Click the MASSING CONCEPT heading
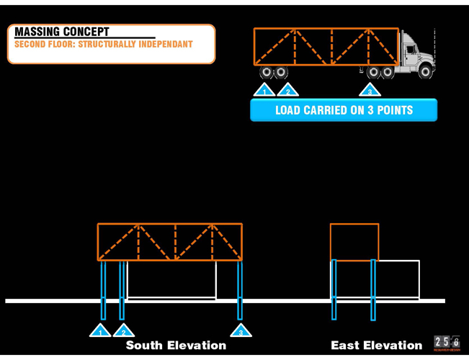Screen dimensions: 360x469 [62, 32]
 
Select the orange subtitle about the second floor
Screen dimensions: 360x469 [104, 45]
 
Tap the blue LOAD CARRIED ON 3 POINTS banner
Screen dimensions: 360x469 [344, 110]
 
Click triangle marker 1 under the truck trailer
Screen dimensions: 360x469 [264, 91]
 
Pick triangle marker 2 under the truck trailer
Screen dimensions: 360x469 [287, 91]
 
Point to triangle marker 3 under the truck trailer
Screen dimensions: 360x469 [370, 91]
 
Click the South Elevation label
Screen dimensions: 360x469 [176, 346]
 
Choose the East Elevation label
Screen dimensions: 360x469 [376, 346]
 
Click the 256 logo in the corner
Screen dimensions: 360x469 [447, 343]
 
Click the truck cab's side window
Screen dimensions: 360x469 [411, 49]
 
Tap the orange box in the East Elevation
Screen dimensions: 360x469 [354, 242]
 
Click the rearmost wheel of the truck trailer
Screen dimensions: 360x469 [266, 72]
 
